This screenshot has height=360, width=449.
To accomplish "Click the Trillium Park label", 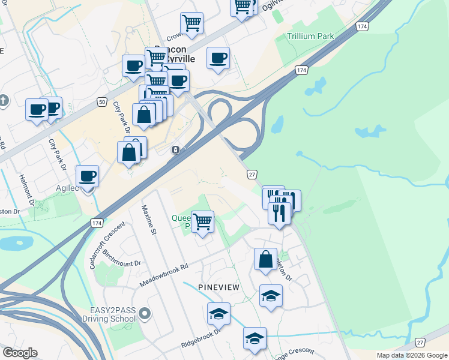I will coord(310,36).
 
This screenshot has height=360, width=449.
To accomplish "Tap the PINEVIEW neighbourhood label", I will coord(218,287).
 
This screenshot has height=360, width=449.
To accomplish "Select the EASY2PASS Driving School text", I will coord(113,314).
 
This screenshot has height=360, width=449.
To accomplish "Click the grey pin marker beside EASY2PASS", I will coord(144,313).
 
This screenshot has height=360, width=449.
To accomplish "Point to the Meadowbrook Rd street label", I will coord(163,274).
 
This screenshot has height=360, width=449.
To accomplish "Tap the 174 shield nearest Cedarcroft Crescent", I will coord(97,223).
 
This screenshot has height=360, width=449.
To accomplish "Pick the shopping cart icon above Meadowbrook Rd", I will coord(203,221).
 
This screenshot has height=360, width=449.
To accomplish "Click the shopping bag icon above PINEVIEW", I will coord(265,259).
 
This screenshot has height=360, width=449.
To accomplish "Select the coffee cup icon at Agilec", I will coord(88,176).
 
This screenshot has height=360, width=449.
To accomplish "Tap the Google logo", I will coord(20,353).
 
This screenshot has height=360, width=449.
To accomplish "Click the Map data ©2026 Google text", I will coord(411,355).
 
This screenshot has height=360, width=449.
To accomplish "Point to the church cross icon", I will coord(4,100).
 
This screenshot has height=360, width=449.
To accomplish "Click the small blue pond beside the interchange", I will coord(277,124).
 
